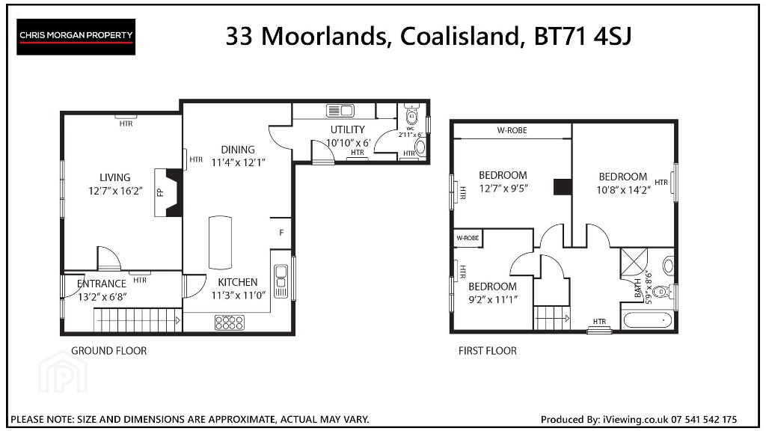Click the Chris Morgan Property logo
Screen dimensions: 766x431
coord(76,37)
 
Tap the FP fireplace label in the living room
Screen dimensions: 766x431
coord(160,192)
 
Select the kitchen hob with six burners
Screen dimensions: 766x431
coord(229,323)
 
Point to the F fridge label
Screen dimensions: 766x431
coord(281,233)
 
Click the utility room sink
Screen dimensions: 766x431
coord(340,111)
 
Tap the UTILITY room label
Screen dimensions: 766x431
coord(347,129)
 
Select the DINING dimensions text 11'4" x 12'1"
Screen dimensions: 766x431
coord(238,162)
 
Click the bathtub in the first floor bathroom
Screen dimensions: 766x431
coord(648,320)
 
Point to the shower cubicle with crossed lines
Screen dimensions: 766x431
coord(634,264)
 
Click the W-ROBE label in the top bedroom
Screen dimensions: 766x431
coord(512,130)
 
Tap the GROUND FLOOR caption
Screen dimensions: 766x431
coord(109,351)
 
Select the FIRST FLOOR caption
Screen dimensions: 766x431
coord(488,351)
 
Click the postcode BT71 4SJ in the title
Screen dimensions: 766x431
coord(583,36)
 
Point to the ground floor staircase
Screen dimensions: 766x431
coord(138,320)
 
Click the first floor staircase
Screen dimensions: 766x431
coord(552,318)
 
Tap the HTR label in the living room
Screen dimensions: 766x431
coord(126,124)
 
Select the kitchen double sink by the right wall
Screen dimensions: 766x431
coord(281,281)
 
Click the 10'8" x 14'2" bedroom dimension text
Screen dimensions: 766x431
coord(623,190)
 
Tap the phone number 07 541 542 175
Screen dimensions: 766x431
coord(704,419)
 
